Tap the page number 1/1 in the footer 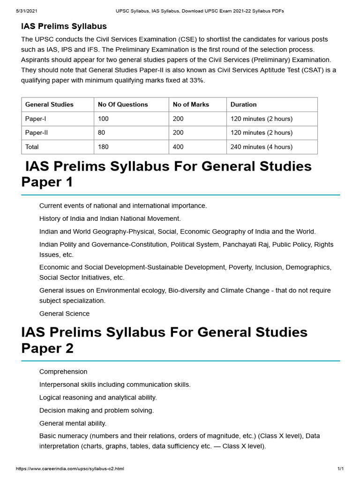[340, 469]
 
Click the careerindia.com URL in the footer [70, 469]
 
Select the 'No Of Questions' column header [123, 105]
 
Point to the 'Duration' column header [243, 105]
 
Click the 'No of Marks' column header [191, 105]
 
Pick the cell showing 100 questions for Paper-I [103, 119]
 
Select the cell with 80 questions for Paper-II [101, 133]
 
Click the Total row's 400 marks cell [178, 147]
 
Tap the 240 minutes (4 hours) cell [261, 147]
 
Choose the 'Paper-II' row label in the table [37, 133]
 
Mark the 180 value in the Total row [103, 147]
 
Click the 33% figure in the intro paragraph [196, 80]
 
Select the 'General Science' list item [64, 314]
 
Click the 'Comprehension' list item [63, 372]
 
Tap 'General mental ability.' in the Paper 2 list [73, 423]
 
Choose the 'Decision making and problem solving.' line [97, 410]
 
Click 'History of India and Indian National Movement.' [110, 218]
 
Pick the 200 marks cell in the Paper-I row [178, 119]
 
